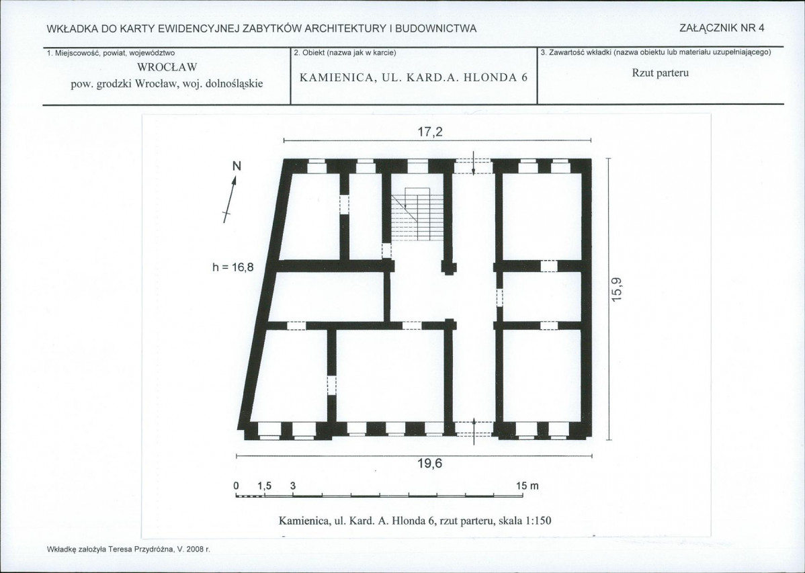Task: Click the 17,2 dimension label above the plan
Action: coord(431,132)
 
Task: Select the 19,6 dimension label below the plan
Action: coord(430,464)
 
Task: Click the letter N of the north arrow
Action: coord(237,165)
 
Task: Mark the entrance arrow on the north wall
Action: coord(474,163)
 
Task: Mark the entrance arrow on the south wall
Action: coord(474,429)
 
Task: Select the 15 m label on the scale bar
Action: coord(528,486)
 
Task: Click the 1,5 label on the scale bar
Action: coord(264,486)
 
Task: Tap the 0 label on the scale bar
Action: coord(236,486)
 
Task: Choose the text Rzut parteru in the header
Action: coord(661,73)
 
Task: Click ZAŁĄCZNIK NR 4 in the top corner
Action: coord(722,28)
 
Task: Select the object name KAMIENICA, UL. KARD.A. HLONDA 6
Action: coord(413,77)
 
